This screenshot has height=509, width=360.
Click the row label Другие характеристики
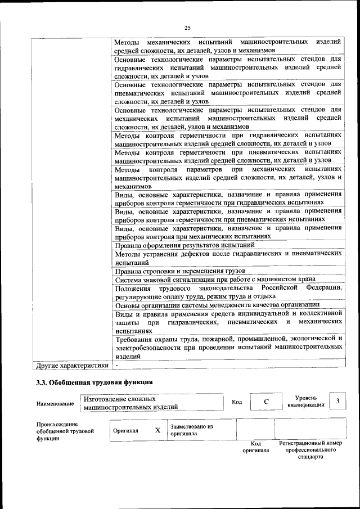point(71,366)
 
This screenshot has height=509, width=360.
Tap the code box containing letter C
point(266,401)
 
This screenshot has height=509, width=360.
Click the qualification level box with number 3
point(337,401)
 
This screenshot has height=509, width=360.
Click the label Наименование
point(55,403)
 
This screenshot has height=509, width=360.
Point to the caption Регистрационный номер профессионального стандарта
point(310,450)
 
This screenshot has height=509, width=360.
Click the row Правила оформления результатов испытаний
point(185,245)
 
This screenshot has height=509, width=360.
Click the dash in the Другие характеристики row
point(117,366)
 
